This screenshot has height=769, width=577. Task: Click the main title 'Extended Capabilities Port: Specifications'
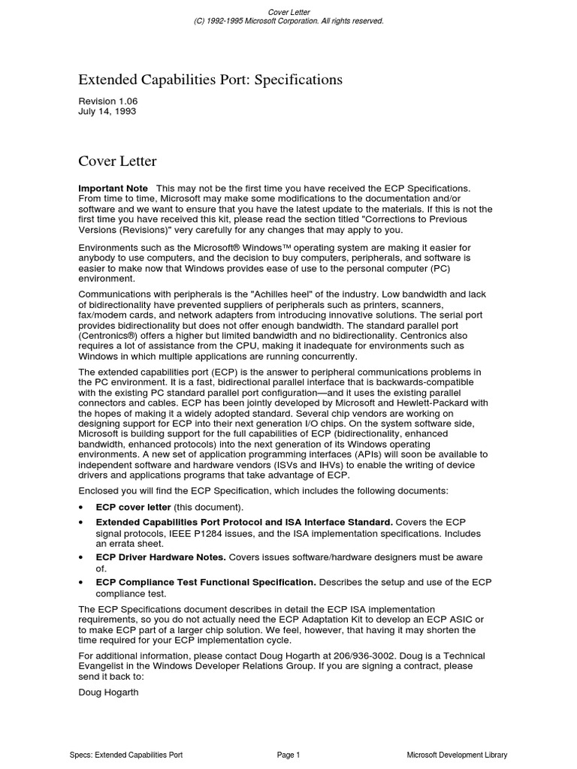(210, 80)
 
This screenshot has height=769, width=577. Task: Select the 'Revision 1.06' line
(108, 101)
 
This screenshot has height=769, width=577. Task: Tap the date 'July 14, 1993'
(107, 111)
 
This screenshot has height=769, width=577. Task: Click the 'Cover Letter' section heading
(117, 161)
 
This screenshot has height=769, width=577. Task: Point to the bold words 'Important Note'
(113, 188)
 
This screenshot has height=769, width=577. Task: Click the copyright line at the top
(288, 21)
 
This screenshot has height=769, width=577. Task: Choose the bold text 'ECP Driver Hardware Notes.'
(161, 557)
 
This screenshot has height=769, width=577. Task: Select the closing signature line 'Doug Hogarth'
(108, 692)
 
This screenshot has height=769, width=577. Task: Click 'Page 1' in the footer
(288, 755)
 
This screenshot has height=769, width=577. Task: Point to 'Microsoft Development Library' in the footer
(457, 755)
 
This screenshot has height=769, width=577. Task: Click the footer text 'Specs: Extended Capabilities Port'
(125, 755)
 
